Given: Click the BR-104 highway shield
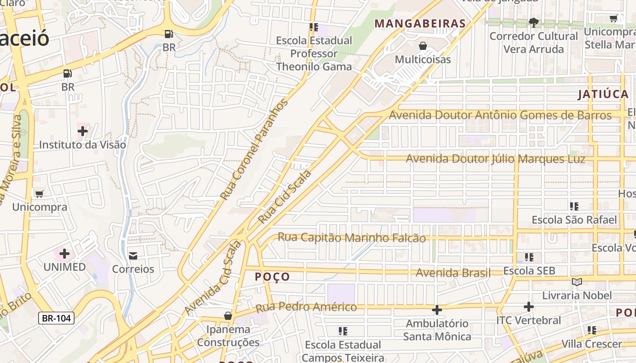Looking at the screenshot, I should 56,318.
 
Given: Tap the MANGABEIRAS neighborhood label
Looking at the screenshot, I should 420,24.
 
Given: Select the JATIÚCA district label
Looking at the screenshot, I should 603,94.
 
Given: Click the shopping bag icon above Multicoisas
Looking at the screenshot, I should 423,46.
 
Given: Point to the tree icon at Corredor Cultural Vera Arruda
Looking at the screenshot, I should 534,22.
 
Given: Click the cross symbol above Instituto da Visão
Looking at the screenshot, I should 82,132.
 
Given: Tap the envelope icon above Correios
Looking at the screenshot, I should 133,256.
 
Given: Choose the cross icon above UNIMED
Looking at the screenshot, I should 65,253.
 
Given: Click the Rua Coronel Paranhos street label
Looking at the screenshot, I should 254,150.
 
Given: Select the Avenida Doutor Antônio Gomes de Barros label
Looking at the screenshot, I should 500,115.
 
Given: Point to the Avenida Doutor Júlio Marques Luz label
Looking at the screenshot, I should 495,159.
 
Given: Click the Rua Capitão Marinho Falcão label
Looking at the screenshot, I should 352,237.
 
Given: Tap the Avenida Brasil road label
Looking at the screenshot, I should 453,273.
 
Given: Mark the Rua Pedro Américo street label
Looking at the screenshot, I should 306,308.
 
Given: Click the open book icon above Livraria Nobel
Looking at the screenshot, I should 577,282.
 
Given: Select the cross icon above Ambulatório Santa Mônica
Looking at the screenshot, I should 437,310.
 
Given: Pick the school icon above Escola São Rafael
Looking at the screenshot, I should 574,206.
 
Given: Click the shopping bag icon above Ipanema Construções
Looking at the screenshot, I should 228,315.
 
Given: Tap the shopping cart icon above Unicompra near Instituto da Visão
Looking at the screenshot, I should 39,194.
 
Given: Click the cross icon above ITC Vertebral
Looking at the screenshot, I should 528,307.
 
